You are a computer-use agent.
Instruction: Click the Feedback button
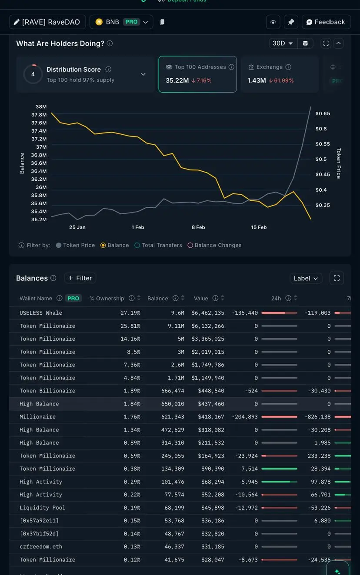(x=326, y=22)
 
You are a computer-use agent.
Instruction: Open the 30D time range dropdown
(x=283, y=43)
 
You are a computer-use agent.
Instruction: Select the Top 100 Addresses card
(x=197, y=74)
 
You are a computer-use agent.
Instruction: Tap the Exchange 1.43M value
(x=257, y=80)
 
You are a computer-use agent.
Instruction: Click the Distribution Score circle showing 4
(x=33, y=74)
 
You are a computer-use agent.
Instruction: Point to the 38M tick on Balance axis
(x=41, y=107)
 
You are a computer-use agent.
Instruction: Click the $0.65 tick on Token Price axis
(x=323, y=113)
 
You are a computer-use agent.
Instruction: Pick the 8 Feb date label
(x=198, y=227)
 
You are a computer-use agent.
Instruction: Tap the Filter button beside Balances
(x=80, y=278)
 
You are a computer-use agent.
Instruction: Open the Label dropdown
(x=306, y=278)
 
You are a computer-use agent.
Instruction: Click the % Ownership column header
(x=107, y=299)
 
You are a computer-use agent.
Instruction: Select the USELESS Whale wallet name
(x=41, y=313)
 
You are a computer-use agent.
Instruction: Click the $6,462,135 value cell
(x=208, y=313)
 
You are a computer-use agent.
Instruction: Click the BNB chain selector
(x=121, y=22)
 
